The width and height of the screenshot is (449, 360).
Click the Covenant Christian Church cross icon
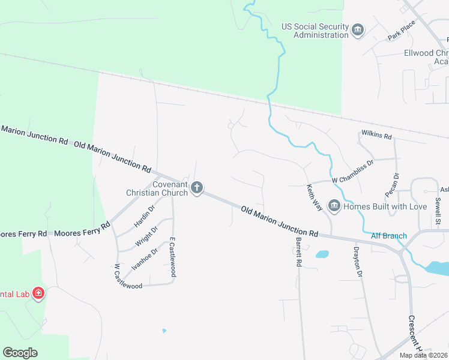point(196,188)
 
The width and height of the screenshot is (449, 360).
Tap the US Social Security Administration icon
point(358,30)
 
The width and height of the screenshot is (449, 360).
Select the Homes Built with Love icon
point(334,206)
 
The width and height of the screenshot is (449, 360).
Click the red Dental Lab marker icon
point(38,293)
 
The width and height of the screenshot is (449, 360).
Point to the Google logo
point(20,352)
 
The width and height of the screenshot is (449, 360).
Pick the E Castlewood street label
point(172,257)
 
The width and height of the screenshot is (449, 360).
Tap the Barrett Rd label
point(298,251)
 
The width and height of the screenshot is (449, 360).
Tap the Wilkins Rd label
point(376,133)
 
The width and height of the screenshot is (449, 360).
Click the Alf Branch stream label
point(389,236)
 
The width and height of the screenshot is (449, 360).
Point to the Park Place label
point(402,30)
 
